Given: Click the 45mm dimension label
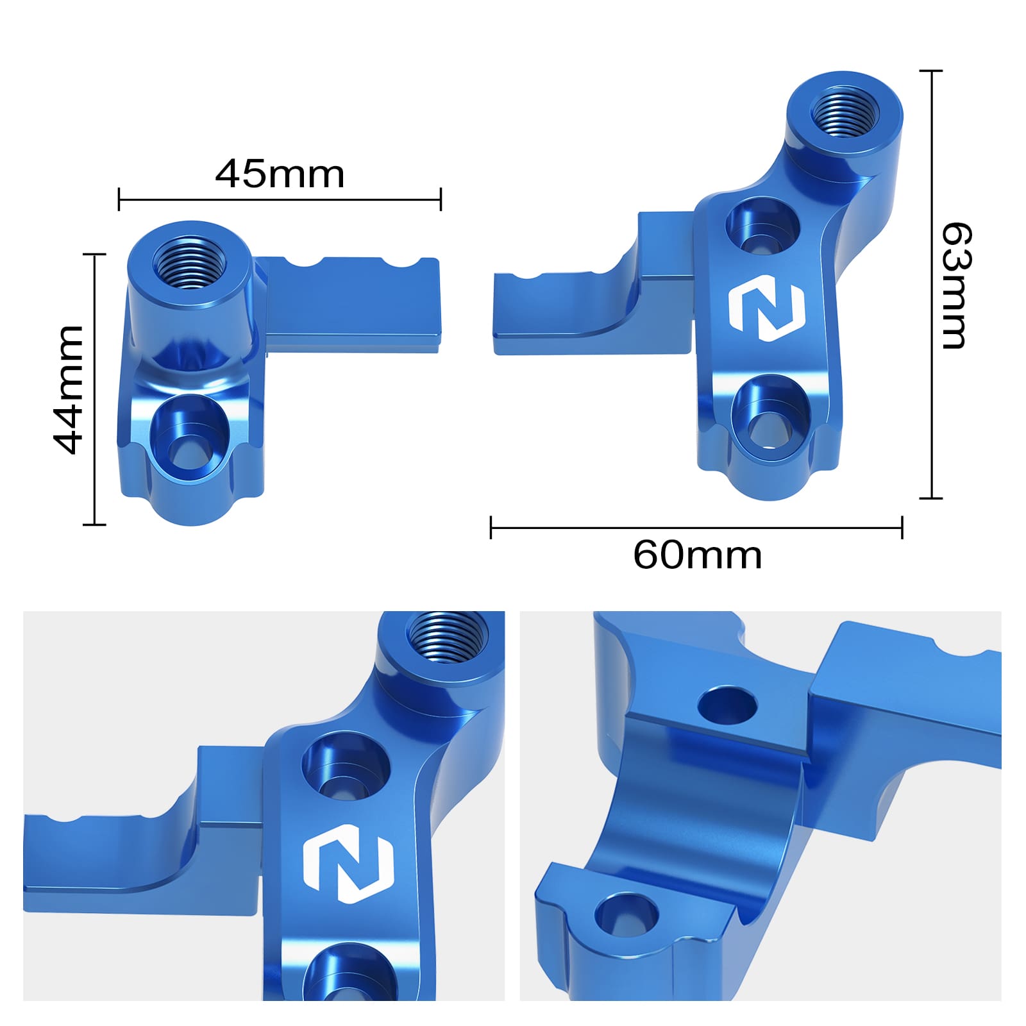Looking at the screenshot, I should pos(280,174).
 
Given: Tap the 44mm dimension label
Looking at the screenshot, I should pos(69,390).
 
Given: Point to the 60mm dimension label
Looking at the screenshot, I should pos(697,555).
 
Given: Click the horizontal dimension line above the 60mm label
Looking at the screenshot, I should pos(696,528).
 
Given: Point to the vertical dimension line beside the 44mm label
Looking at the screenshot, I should pos(94,389).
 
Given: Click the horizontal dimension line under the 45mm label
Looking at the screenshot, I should pos(280,199).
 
